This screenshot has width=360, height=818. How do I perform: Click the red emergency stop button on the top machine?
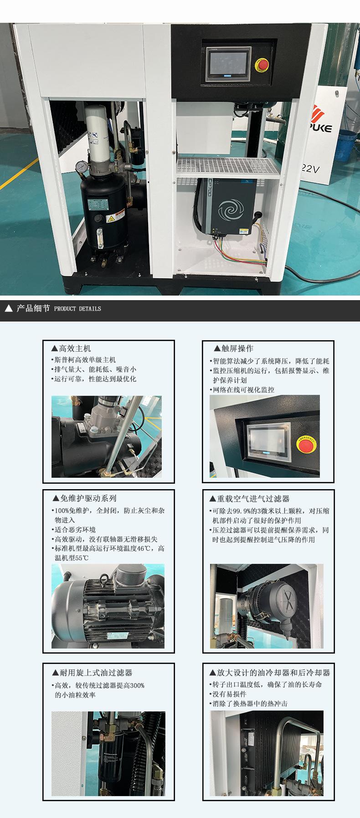tap(261, 65)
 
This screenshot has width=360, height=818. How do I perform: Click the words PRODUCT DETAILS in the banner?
tap(77, 309)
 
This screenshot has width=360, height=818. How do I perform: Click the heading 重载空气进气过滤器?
tap(249, 499)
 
